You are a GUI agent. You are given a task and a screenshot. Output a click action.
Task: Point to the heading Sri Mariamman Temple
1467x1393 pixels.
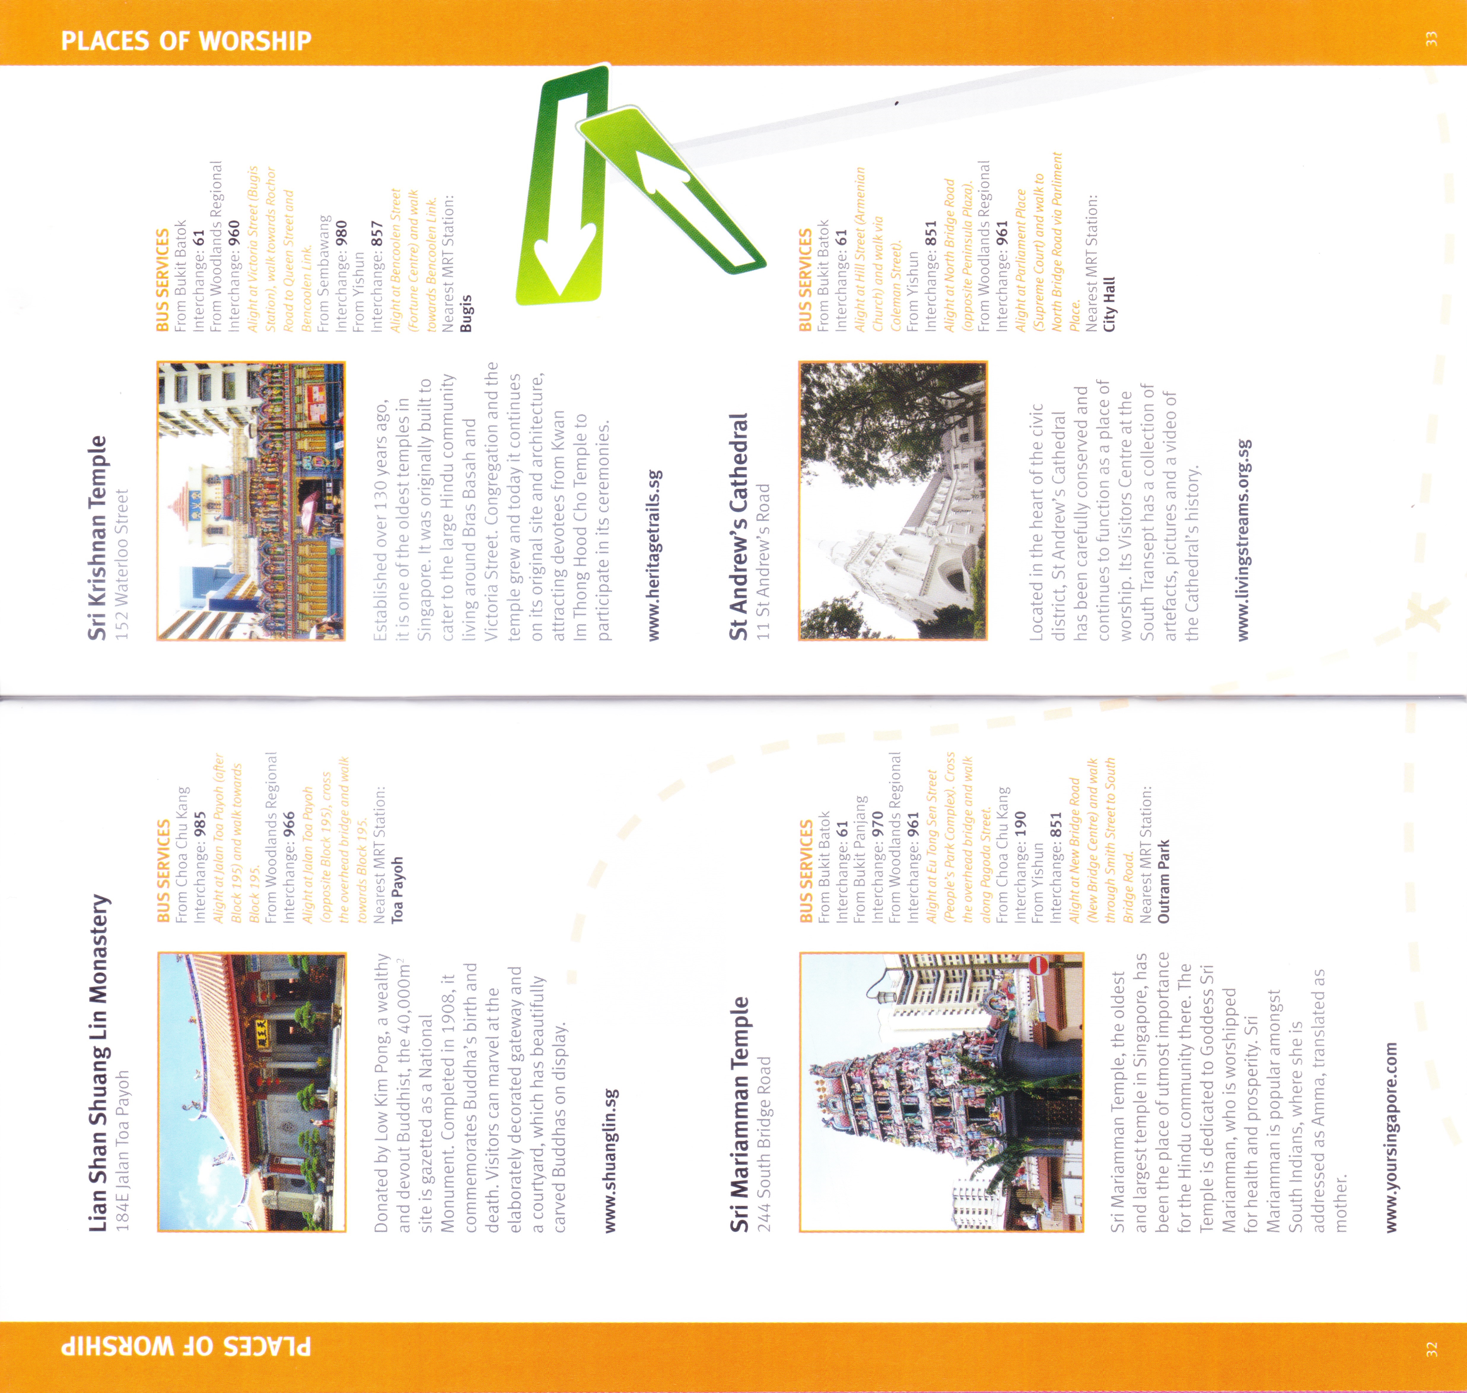739,1114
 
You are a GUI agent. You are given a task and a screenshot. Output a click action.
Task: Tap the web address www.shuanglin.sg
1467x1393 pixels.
610,1160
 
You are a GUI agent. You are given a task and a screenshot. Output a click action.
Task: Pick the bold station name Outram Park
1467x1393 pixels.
1163,881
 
